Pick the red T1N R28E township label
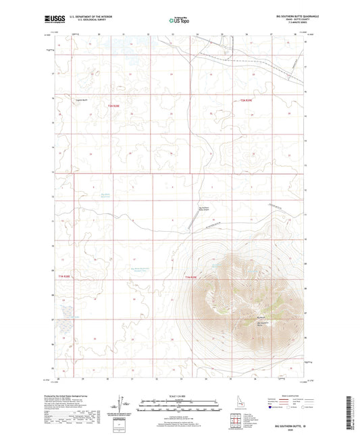[61, 277]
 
